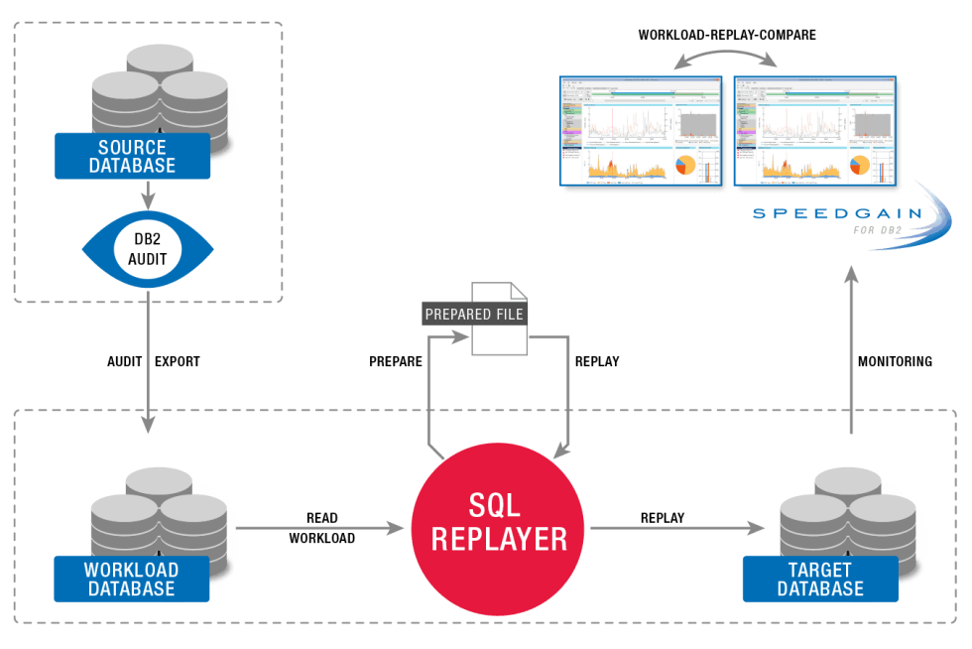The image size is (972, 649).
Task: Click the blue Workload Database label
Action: pos(131,580)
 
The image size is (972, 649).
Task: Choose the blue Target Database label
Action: pos(820,580)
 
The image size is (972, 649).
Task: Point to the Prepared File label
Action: pos(474,314)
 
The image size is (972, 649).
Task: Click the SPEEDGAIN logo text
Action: pos(836,213)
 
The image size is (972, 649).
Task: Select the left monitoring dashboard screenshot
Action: pos(642,131)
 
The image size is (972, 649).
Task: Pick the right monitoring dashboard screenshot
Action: pos(814,131)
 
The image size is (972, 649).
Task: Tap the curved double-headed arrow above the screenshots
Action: pos(725,52)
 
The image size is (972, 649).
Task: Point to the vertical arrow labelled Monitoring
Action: pos(850,352)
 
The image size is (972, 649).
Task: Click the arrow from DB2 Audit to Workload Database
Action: pos(147,357)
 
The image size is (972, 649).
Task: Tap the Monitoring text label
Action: pos(896,362)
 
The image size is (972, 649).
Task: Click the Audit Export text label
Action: pos(153,362)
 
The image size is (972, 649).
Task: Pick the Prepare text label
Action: pos(396,362)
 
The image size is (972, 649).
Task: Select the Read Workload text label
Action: pos(322,529)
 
